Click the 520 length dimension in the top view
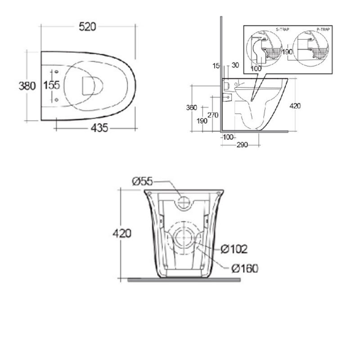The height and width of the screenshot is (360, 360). point(88,27)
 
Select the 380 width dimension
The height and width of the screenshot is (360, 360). point(27,85)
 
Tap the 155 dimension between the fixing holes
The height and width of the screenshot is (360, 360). point(52,85)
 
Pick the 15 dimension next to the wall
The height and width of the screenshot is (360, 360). point(216,66)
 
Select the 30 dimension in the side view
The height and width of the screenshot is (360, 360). point(234,66)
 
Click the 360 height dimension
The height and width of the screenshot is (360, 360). point(192,108)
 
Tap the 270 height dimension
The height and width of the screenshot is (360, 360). point(213,115)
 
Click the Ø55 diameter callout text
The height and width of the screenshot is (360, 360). point(143,181)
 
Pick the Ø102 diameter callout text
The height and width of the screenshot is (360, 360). point(234,248)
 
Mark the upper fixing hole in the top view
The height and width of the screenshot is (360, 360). point(56,72)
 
